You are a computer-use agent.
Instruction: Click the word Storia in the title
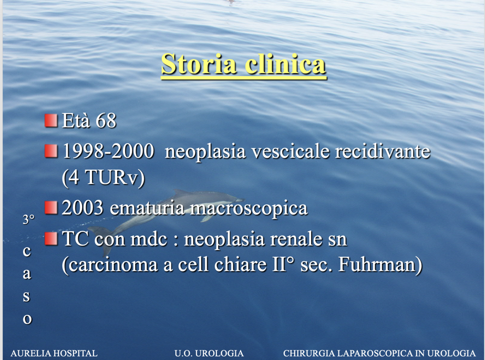click(x=199, y=64)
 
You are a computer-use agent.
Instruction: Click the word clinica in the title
click(x=285, y=64)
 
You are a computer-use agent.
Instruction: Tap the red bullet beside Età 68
click(x=51, y=120)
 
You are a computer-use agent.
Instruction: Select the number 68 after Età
click(x=106, y=120)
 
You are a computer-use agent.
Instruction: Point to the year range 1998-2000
click(x=108, y=151)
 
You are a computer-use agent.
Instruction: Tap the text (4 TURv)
click(x=104, y=178)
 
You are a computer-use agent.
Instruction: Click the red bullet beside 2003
click(x=51, y=208)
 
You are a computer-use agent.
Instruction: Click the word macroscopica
click(x=249, y=209)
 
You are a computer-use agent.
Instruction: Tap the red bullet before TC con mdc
click(x=51, y=239)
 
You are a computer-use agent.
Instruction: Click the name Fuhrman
click(x=380, y=265)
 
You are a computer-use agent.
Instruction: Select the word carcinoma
click(x=112, y=265)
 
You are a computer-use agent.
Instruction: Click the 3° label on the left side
click(x=28, y=219)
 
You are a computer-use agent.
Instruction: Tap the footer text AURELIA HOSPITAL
click(x=54, y=353)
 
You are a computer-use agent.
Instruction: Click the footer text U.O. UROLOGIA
click(x=209, y=353)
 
